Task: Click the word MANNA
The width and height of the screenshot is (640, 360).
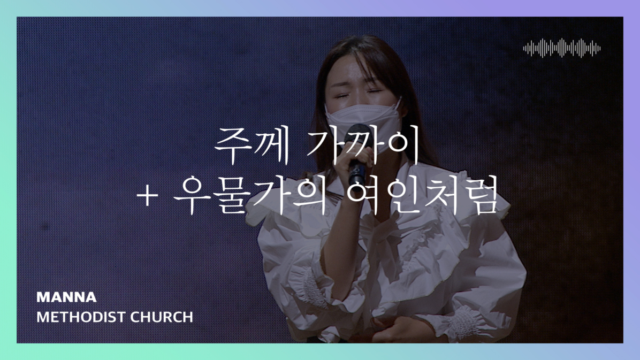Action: [x=66, y=297]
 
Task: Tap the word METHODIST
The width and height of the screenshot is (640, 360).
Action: [x=74, y=317]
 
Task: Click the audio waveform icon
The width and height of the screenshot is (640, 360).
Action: [x=561, y=48]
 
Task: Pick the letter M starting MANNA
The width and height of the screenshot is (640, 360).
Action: [x=42, y=297]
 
